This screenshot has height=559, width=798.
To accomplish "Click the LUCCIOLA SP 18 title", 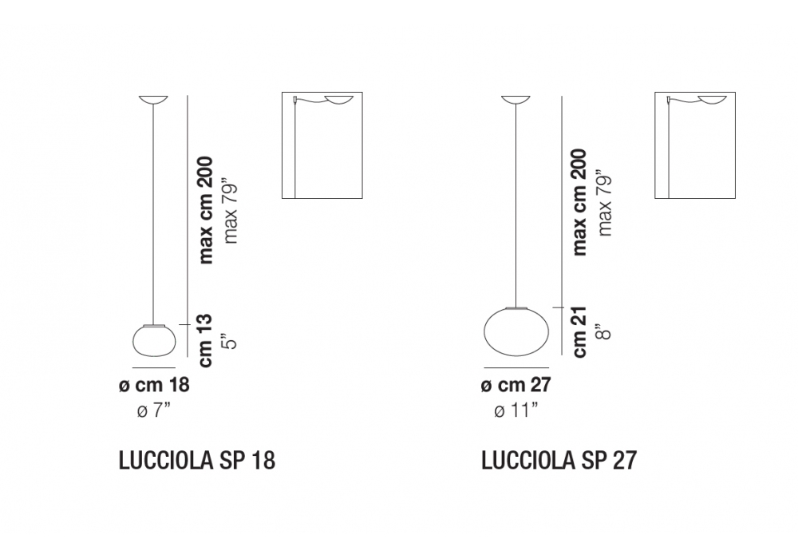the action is [197, 461].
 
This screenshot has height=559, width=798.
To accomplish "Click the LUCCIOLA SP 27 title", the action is [559, 461].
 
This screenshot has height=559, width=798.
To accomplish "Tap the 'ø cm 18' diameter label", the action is [154, 385].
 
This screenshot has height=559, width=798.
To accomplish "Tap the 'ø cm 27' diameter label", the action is [516, 385].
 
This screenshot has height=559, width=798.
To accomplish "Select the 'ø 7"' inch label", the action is [154, 410].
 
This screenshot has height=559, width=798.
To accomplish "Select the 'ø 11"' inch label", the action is [516, 410].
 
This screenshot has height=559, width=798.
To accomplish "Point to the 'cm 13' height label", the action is [205, 340].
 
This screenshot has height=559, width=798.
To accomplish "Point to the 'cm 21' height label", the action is [579, 331].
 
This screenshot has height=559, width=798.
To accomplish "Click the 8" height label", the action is [604, 331].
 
